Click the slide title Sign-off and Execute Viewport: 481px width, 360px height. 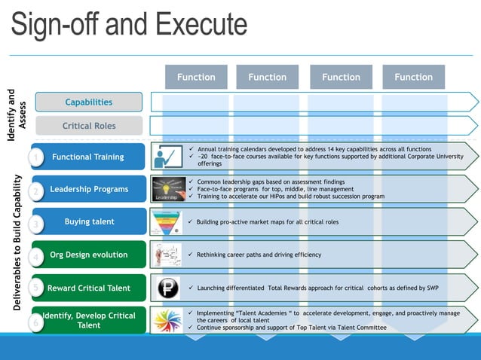(x=129, y=25)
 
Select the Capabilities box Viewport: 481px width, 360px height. (x=89, y=102)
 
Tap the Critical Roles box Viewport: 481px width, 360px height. (x=89, y=126)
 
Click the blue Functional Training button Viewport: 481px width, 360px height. (x=89, y=157)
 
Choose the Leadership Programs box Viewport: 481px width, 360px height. (x=89, y=189)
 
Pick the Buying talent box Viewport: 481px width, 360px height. (x=89, y=221)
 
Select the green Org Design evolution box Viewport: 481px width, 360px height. (x=89, y=255)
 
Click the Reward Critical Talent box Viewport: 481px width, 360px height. (x=89, y=288)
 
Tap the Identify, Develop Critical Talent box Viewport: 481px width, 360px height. (x=89, y=320)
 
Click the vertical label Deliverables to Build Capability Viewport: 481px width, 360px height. (x=16, y=241)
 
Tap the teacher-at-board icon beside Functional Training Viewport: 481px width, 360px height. (x=167, y=157)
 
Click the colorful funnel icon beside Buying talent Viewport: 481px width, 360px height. (x=167, y=222)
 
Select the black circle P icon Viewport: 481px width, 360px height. (x=167, y=288)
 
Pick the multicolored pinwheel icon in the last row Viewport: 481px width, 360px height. (x=167, y=321)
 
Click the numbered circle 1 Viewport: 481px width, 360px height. (x=35, y=157)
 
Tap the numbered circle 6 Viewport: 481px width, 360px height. (x=35, y=323)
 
